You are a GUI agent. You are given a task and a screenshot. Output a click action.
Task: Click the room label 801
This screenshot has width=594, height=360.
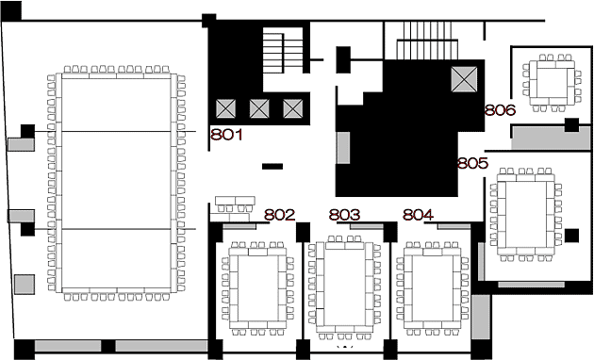point(226,135)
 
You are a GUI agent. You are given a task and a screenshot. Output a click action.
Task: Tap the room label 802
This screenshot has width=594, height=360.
point(280,215)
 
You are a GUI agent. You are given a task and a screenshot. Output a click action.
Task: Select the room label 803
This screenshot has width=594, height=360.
point(344,215)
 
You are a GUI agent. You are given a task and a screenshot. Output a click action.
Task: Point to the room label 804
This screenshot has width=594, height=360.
point(419,215)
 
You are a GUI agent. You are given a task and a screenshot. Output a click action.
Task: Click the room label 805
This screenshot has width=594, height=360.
point(472,163)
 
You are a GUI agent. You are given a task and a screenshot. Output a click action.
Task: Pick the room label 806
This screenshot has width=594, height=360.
point(501,109)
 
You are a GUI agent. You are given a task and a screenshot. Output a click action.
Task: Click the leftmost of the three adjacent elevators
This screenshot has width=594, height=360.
point(225,108)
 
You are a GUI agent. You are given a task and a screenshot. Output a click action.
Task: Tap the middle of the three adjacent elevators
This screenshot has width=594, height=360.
point(259,108)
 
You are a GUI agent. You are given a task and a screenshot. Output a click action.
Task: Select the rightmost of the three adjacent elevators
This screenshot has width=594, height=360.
point(293,108)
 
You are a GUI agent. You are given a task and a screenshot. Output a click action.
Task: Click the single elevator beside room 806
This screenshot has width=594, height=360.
point(464,79)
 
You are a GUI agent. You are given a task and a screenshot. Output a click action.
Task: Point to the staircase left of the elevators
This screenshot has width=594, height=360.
point(283,50)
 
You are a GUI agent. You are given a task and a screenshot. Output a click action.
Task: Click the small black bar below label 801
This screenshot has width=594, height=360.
point(272,166)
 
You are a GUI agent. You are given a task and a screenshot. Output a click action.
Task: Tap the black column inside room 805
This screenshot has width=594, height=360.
point(571,236)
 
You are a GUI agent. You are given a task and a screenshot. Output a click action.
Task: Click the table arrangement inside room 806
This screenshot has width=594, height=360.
point(552,83)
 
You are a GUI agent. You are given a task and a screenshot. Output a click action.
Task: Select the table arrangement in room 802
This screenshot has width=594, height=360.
point(258,288)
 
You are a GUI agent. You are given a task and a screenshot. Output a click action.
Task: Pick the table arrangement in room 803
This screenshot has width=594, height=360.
point(345,287)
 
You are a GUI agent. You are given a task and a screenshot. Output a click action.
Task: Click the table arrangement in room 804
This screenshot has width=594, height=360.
point(432,288)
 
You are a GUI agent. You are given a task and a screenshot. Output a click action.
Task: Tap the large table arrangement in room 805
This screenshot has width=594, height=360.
point(526,215)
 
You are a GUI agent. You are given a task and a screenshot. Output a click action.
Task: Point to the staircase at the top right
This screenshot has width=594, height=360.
point(427,41)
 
